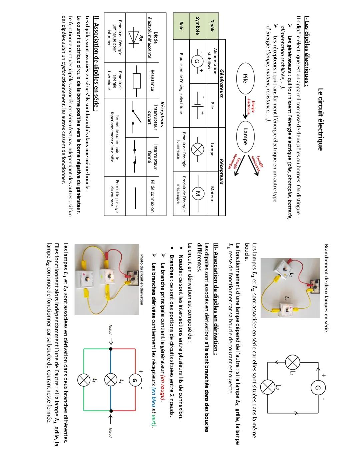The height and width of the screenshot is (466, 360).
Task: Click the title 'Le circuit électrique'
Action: click(320, 119)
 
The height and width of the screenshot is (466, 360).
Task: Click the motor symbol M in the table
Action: click(197, 194)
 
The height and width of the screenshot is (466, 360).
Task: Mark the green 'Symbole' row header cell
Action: click(197, 26)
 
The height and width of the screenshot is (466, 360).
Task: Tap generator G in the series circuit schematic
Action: click(317, 388)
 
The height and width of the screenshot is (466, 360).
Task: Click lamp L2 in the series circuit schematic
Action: click(267, 387)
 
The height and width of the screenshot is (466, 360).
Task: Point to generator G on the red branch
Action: click(135, 380)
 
